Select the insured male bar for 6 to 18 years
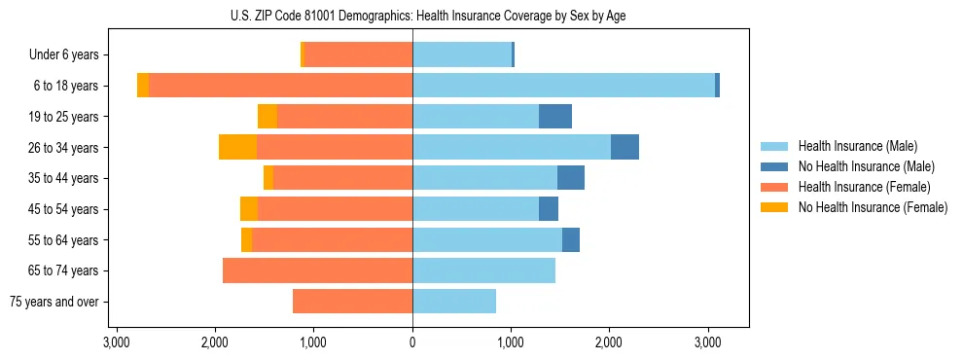pyautogui.click(x=563, y=86)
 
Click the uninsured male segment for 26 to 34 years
pyautogui.click(x=624, y=147)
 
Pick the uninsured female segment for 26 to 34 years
pyautogui.click(x=237, y=147)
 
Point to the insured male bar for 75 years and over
pyautogui.click(x=454, y=302)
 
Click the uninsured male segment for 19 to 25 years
pyautogui.click(x=555, y=117)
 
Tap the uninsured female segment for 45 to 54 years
pyautogui.click(x=249, y=209)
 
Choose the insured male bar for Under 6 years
pyautogui.click(x=462, y=54)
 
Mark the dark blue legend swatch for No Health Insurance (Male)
pyautogui.click(x=775, y=166)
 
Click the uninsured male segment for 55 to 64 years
pyautogui.click(x=571, y=239)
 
